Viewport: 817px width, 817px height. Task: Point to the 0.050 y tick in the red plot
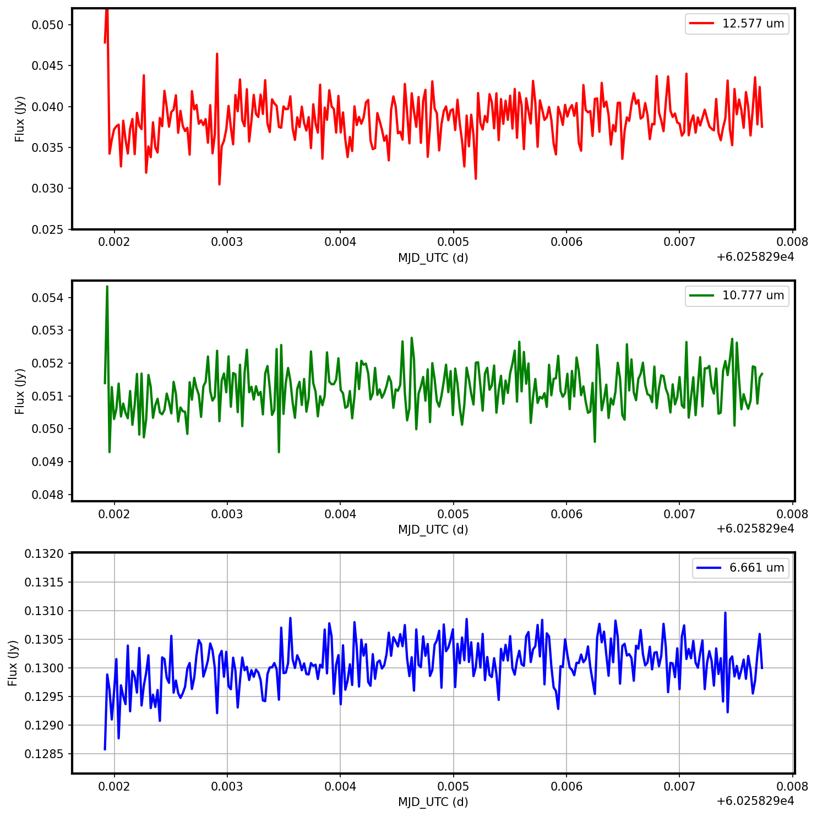click(x=48, y=25)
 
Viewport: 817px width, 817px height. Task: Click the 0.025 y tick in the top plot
click(x=48, y=229)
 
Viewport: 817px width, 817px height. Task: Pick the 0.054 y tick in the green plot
click(x=48, y=298)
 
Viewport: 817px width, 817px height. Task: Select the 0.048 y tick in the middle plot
click(x=48, y=495)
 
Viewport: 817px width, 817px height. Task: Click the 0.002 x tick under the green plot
click(x=114, y=514)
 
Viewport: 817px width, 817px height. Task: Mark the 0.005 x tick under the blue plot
click(x=453, y=786)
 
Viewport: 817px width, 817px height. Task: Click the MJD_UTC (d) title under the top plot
click(x=433, y=257)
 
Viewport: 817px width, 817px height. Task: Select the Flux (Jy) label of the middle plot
click(x=20, y=391)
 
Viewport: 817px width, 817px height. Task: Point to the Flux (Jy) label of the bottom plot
click(x=13, y=663)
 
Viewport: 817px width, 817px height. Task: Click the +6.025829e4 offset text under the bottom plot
click(x=755, y=801)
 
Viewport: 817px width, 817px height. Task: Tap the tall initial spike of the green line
click(x=107, y=287)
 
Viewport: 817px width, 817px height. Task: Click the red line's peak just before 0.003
click(x=217, y=54)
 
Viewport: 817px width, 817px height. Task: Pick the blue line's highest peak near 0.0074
click(x=725, y=613)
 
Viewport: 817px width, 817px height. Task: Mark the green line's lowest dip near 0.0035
click(x=279, y=452)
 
